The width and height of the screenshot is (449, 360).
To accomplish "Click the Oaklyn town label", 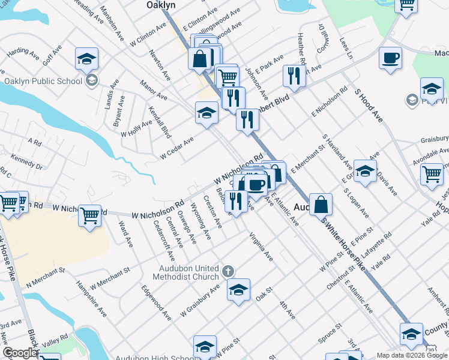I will [x=160, y=5].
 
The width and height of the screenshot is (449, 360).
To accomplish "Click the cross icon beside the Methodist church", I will [x=228, y=272].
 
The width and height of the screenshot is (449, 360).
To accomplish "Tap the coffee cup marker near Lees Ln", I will [x=390, y=58].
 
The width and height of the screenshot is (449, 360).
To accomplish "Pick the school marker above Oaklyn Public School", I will [x=86, y=58].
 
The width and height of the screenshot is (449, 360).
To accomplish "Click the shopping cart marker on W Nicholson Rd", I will [x=89, y=214].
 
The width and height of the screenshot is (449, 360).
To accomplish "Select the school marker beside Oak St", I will [x=238, y=291].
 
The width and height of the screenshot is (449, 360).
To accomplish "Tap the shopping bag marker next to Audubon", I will [x=322, y=204].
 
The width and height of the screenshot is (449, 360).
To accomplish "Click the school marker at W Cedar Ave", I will [x=206, y=112].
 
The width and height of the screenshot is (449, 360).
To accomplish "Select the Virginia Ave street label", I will [x=261, y=247].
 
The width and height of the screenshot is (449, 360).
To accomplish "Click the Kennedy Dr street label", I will [x=26, y=162].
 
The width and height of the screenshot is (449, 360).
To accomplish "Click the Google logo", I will [x=20, y=353].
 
